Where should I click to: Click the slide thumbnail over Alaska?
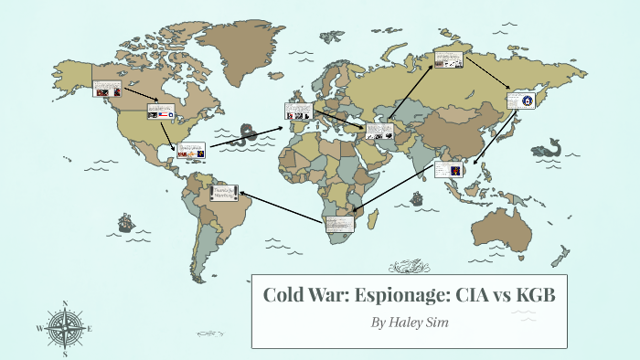point(106,89)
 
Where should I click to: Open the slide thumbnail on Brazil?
point(224,192)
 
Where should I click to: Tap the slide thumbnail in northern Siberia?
point(448,60)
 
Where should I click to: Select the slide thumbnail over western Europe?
point(298,110)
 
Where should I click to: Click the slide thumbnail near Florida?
point(190,151)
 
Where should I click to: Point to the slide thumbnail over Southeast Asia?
point(448,170)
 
